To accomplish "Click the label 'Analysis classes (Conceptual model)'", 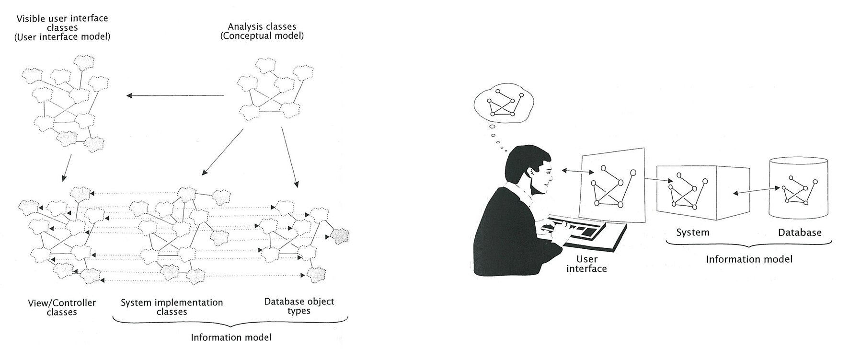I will click(x=262, y=31).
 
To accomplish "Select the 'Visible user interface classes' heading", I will click(x=62, y=27).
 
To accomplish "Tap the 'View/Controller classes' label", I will click(x=62, y=307).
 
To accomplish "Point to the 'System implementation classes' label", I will click(x=172, y=307).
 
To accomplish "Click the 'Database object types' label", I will click(x=299, y=306).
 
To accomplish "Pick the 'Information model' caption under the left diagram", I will click(x=231, y=337).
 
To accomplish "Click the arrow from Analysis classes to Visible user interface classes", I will click(x=175, y=96).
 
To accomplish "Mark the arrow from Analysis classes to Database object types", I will click(x=289, y=157).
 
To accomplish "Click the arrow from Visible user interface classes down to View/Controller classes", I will click(x=67, y=168).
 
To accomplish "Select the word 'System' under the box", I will click(x=692, y=232).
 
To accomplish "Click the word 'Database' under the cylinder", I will click(x=799, y=232).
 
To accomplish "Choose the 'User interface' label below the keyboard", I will click(x=586, y=264).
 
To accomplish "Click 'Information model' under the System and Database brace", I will click(x=749, y=259).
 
